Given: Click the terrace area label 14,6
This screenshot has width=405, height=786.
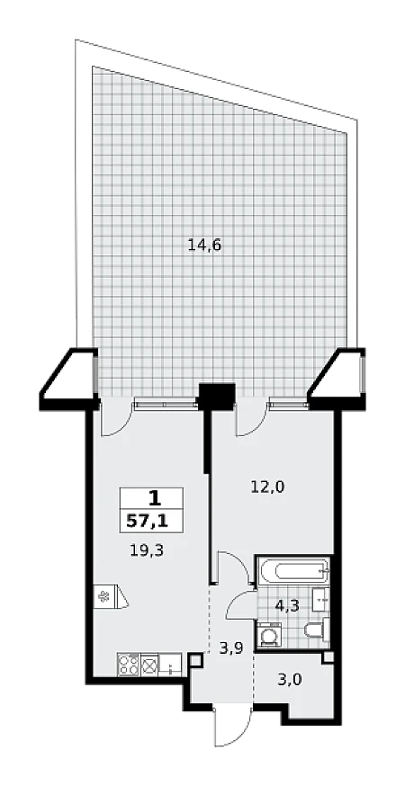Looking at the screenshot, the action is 204,246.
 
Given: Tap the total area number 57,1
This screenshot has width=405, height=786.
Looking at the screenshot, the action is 148,522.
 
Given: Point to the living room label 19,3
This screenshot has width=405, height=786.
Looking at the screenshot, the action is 148,551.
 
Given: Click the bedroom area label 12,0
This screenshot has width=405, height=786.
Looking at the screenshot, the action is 267,487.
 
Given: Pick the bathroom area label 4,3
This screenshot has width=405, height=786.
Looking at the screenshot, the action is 287,605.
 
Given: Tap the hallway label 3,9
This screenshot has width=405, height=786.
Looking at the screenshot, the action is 231,648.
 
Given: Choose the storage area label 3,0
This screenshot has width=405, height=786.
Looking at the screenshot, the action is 290,680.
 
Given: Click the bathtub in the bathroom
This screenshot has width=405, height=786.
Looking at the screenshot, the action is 293,571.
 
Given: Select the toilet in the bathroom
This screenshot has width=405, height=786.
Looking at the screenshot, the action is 317,630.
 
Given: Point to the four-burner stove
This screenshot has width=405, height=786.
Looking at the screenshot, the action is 129,665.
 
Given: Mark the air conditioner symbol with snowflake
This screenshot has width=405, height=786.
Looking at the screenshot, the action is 111,596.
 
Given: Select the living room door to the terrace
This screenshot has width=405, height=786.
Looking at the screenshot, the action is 115,417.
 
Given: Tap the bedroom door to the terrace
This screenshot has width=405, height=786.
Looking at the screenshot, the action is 252,417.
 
